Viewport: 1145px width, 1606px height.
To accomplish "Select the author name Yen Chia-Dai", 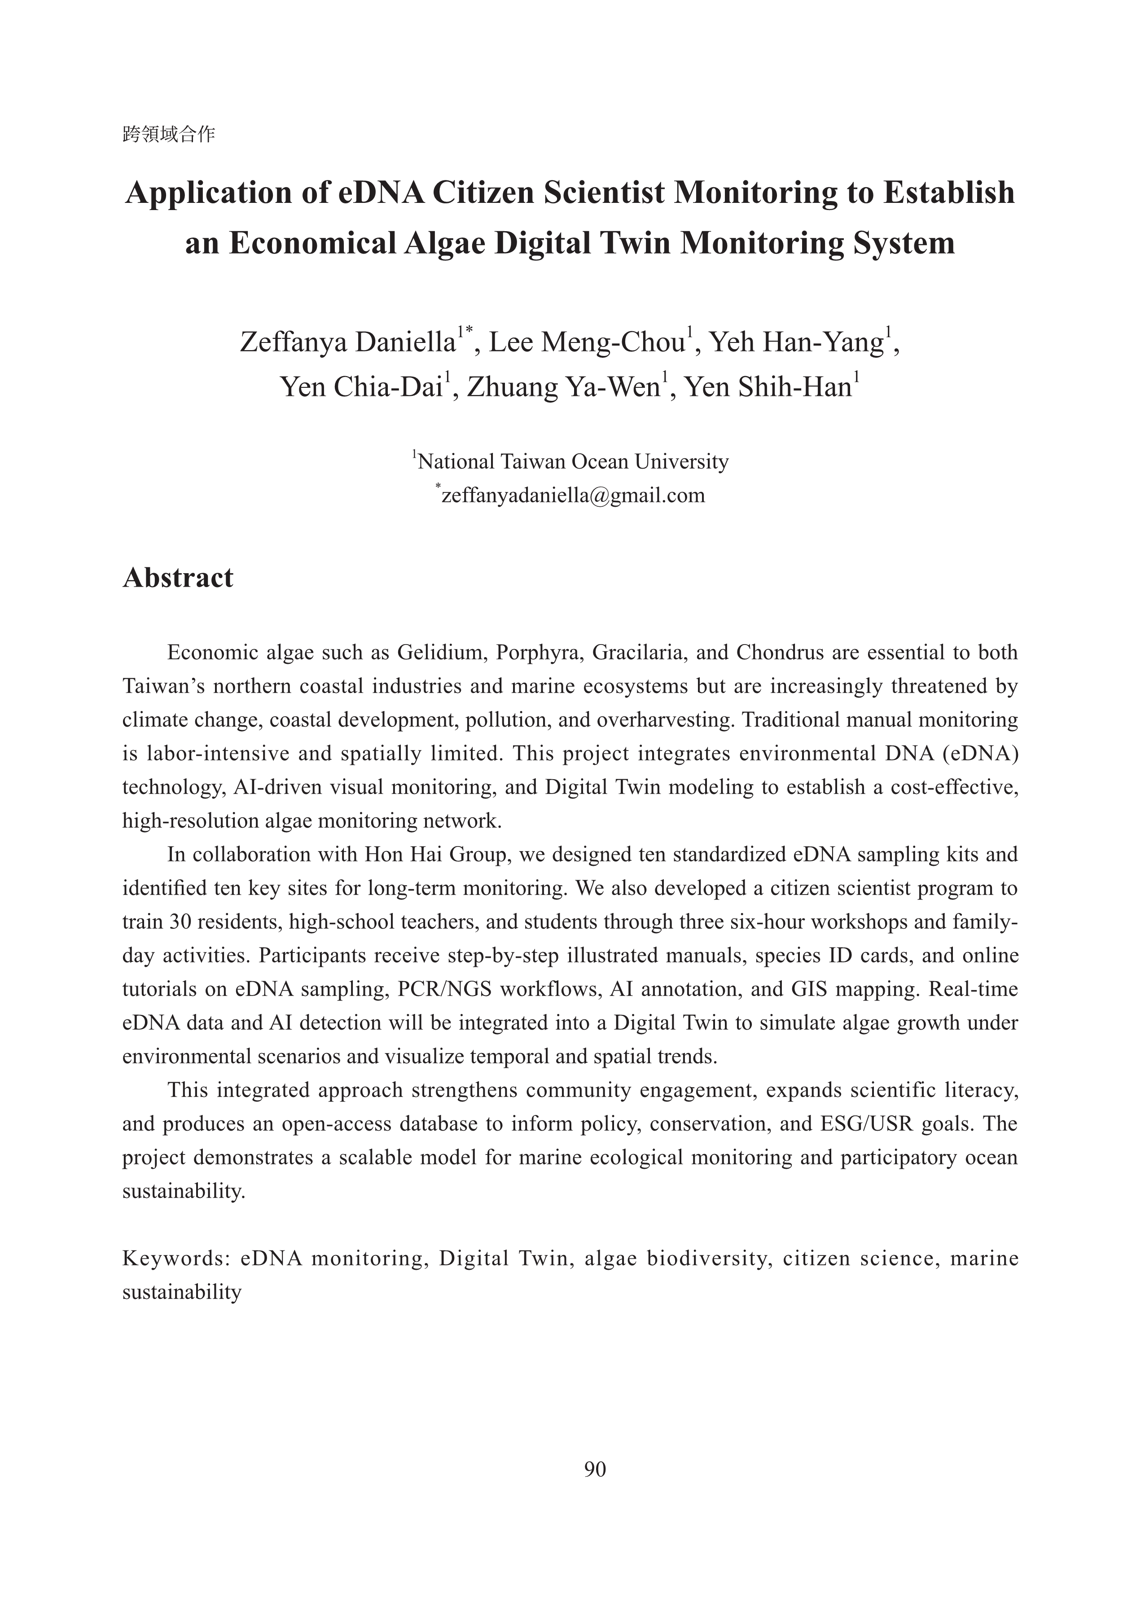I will click(x=361, y=387).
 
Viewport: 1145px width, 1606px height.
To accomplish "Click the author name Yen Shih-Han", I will click(x=768, y=387).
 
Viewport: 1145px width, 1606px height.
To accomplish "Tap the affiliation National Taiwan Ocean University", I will click(x=573, y=462).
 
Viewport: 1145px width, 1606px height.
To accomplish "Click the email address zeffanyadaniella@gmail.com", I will click(x=573, y=496).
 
